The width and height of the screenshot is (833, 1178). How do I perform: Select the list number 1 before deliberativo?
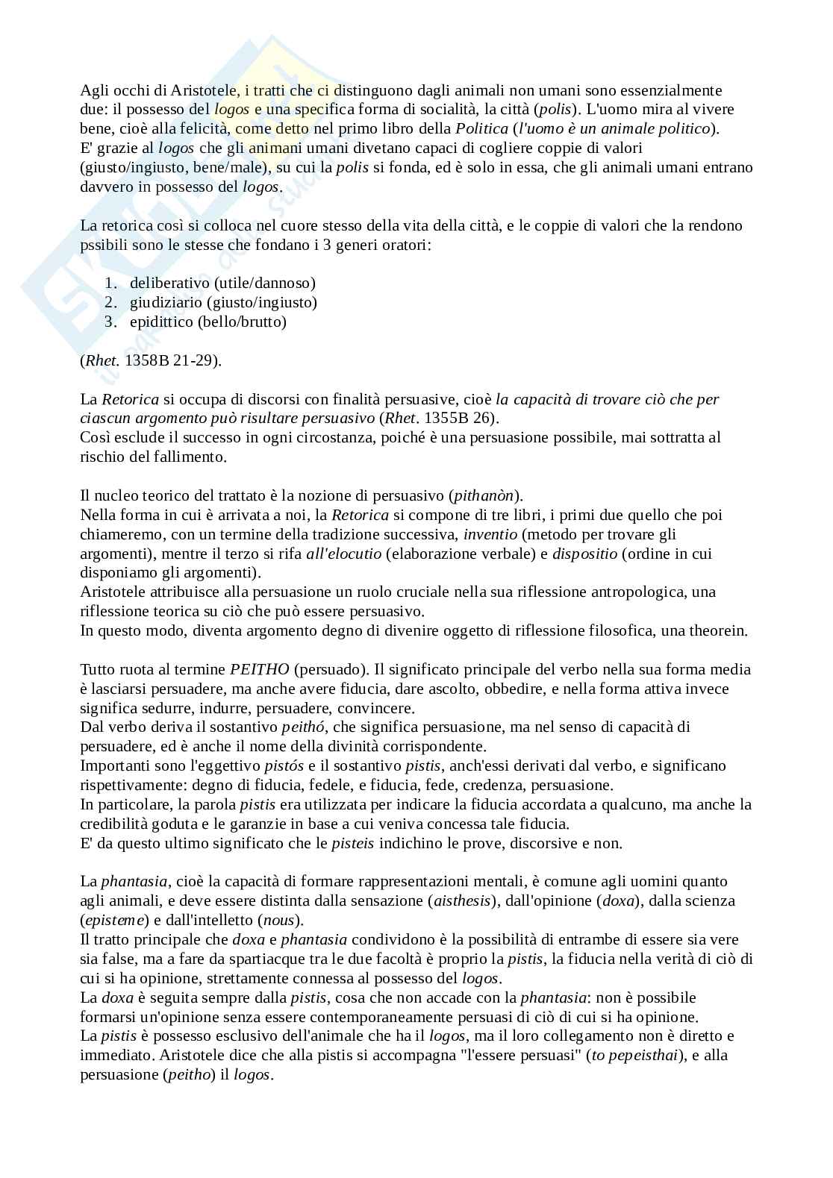pyautogui.click(x=110, y=283)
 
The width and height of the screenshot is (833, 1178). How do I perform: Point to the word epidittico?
pyautogui.click(x=160, y=322)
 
